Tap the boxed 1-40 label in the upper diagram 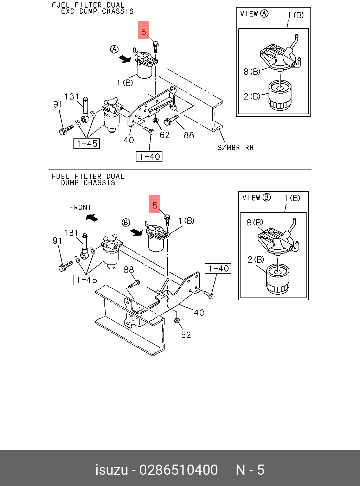[149, 156]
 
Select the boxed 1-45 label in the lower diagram [86, 280]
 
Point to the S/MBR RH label [236, 148]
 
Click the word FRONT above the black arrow [80, 207]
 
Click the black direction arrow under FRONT [92, 218]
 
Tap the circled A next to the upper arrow [114, 49]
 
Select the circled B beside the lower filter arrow [126, 223]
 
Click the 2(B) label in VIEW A [252, 96]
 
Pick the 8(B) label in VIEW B [255, 223]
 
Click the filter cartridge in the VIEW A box [280, 95]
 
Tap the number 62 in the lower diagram [186, 335]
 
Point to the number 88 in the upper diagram [189, 135]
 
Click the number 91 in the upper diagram [58, 104]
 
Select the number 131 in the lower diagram [71, 233]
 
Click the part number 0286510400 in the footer [179, 470]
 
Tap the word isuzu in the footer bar [111, 470]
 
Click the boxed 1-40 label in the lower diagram [218, 269]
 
